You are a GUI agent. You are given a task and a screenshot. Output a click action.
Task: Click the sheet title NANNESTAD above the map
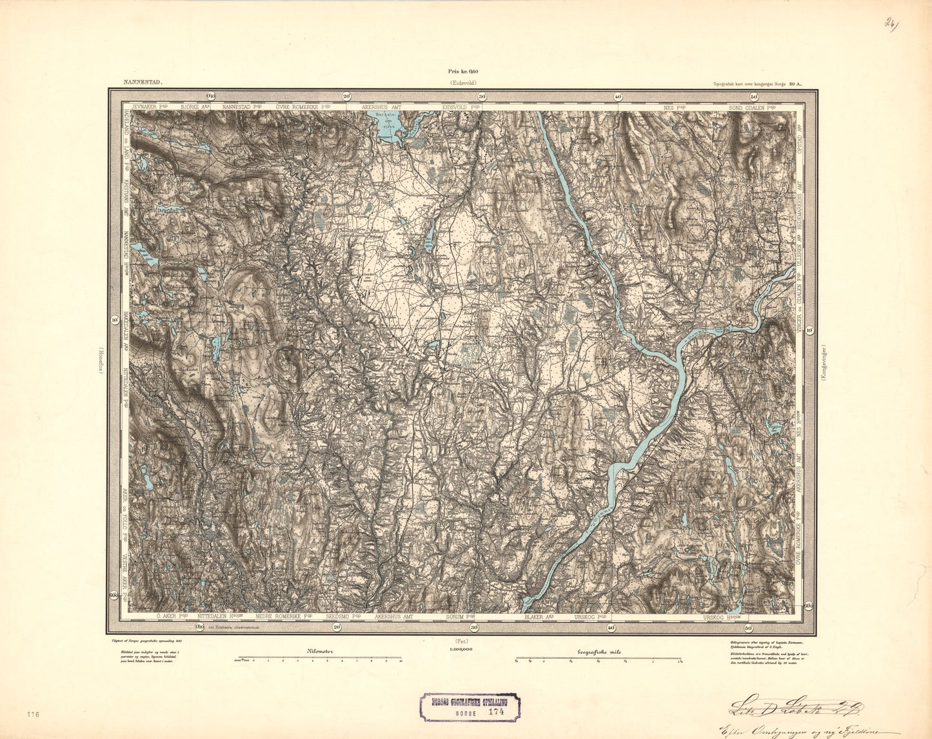pyautogui.click(x=141, y=83)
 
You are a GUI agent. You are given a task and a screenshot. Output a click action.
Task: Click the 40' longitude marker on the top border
pyautogui.click(x=617, y=97)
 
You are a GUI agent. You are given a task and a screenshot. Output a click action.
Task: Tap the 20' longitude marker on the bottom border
pyautogui.click(x=337, y=627)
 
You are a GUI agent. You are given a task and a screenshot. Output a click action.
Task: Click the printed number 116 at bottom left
pyautogui.click(x=34, y=714)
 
